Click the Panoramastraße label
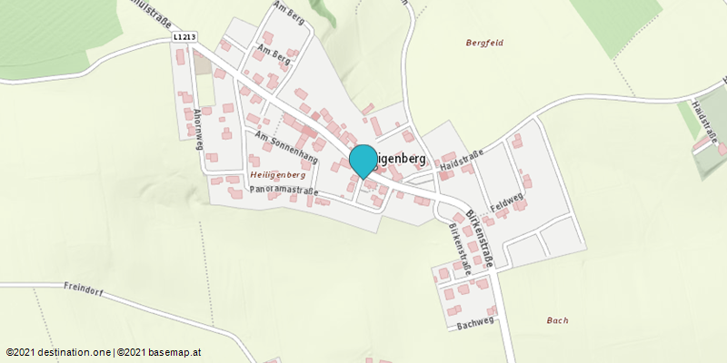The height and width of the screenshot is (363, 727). point(284,191)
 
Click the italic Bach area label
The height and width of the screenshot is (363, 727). point(558,320)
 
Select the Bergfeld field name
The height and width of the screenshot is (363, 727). point(484,43)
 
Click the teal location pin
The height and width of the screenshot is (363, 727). point(363,160)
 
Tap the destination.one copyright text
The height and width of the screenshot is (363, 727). point(58,352)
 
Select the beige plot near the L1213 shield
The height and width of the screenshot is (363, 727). point(202,62)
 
